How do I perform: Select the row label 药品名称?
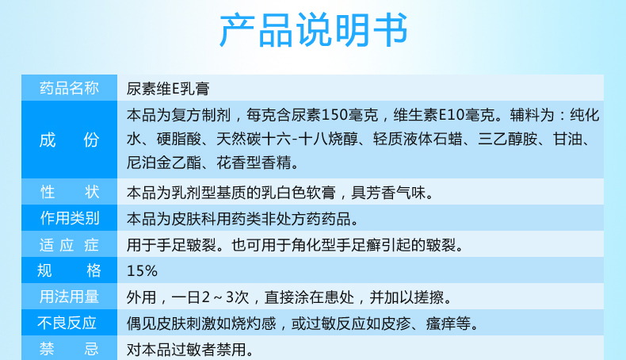click(70, 88)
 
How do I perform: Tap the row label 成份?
click(70, 140)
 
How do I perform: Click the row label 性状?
click(70, 192)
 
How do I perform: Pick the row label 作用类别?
click(70, 218)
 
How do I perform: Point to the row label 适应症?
click(70, 244)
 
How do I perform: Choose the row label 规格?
click(70, 270)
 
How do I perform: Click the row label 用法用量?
click(70, 297)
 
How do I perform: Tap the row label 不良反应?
click(70, 323)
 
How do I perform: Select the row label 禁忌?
click(70, 348)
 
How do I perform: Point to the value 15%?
click(142, 270)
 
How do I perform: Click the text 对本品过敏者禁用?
click(189, 348)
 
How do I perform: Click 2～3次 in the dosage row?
click(227, 297)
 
